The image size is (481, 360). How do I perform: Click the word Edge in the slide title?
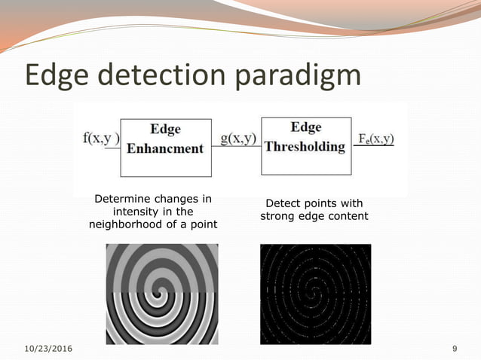[x=61, y=77]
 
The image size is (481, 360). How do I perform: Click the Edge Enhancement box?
[x=165, y=139]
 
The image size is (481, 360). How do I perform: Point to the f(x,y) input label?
[x=101, y=139]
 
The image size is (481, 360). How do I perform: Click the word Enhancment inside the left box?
[x=165, y=148]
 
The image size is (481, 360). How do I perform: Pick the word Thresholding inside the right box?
[x=305, y=146]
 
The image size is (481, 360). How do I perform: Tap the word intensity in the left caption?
[x=136, y=212]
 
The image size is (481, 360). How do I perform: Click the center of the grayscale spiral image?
[x=161, y=293]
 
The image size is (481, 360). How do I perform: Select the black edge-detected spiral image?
[x=315, y=294]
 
